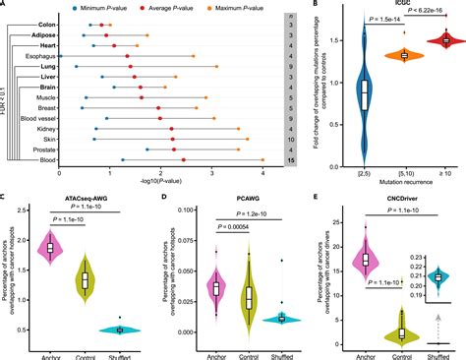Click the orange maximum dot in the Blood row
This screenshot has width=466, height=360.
(262, 158)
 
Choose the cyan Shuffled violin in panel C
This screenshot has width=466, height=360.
(121, 330)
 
